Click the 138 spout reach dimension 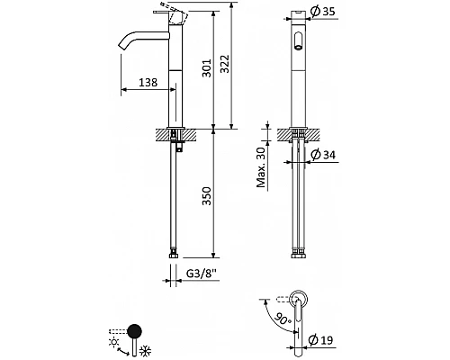point(148,82)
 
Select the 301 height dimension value point(206,68)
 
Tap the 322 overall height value point(224,64)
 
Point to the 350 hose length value point(206,196)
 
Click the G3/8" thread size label point(202,274)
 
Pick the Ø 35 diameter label point(322,12)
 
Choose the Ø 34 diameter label point(323,155)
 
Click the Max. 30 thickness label point(261,167)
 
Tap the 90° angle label point(283,319)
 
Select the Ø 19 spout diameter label point(320,340)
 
